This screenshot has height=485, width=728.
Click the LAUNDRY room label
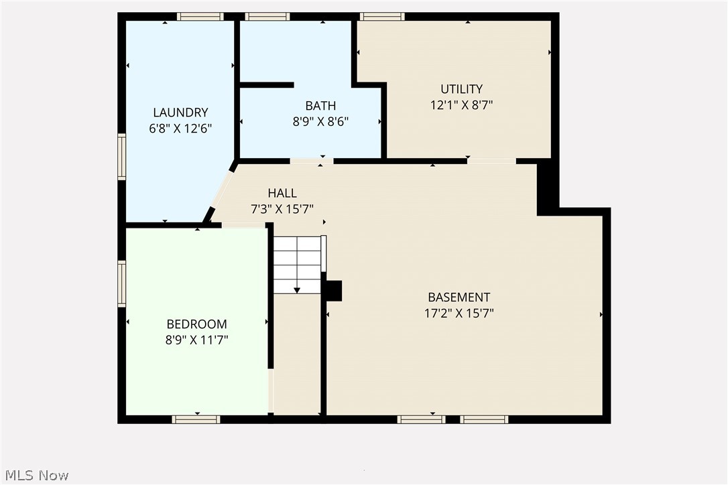pyautogui.click(x=180, y=113)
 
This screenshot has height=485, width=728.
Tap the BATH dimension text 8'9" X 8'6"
pyautogui.click(x=320, y=121)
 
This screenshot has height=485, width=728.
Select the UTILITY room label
pyautogui.click(x=461, y=89)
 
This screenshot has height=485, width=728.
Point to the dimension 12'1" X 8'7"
pyautogui.click(x=461, y=105)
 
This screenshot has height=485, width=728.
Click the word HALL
pyautogui.click(x=282, y=194)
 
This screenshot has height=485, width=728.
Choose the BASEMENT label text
pyautogui.click(x=459, y=297)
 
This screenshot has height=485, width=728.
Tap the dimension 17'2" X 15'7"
pyautogui.click(x=459, y=313)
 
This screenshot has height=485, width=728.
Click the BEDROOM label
pyautogui.click(x=196, y=324)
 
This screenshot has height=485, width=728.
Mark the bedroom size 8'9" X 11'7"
pyautogui.click(x=196, y=340)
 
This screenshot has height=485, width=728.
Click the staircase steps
pyautogui.click(x=297, y=263)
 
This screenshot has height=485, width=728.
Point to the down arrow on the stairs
pyautogui.click(x=297, y=289)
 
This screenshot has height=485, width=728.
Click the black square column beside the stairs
pyautogui.click(x=333, y=291)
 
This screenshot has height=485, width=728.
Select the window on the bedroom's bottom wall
pyautogui.click(x=196, y=419)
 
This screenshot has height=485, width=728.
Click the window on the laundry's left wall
pyautogui.click(x=122, y=157)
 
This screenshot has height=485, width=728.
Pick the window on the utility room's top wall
pyautogui.click(x=381, y=16)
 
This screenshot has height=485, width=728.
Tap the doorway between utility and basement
pyautogui.click(x=491, y=161)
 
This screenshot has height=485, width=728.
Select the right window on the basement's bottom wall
pyautogui.click(x=484, y=419)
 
